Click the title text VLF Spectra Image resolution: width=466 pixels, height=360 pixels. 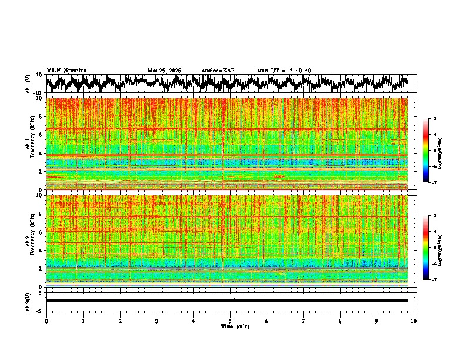coord(66,70)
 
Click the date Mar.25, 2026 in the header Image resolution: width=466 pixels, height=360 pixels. coord(164,71)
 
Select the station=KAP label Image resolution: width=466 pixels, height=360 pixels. coord(218,71)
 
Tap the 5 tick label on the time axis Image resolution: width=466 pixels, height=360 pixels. coord(230,321)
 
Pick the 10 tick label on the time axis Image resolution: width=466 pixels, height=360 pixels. coord(414,321)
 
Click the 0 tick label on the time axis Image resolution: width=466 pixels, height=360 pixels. coord(46,321)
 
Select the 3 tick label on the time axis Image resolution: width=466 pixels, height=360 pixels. coord(157,321)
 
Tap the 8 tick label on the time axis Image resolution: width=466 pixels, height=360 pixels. coord(340,321)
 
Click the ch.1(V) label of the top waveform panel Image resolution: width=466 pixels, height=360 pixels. coord(28,84)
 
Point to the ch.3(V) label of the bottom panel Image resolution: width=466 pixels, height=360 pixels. coord(28,301)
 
